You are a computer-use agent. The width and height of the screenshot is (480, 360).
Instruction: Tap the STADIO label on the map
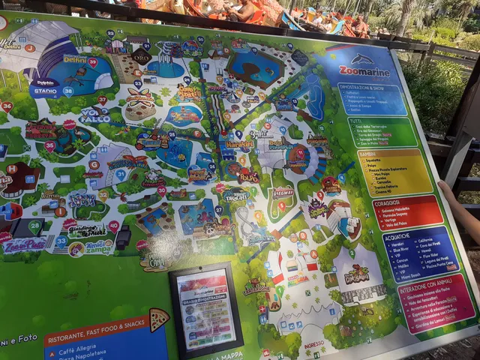46,92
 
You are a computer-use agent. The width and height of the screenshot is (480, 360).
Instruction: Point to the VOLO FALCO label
94,115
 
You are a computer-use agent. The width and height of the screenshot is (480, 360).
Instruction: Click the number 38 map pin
68,91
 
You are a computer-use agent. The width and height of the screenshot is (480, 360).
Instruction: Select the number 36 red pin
7,106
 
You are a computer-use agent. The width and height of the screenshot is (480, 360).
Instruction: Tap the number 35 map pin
49,145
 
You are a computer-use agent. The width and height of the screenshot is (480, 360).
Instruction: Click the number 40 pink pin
114,225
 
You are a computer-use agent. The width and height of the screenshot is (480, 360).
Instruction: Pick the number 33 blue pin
61,241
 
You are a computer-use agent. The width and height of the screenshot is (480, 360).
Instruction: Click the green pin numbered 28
34,224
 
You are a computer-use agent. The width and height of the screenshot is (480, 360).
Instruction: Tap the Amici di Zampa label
97,244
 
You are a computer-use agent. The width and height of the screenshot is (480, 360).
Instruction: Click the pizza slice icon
158,319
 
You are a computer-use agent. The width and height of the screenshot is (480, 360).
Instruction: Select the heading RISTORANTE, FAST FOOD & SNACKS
96,334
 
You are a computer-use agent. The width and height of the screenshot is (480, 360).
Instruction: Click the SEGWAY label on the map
283,192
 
